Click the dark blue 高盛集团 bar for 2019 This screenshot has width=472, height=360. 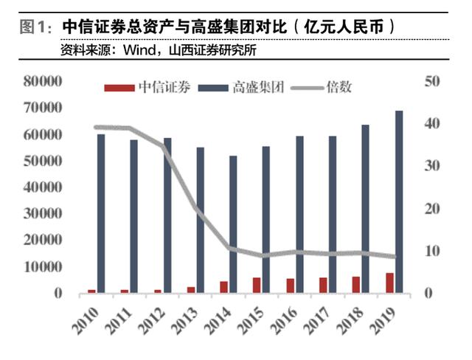399,202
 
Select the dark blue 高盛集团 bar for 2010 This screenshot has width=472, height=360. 101,213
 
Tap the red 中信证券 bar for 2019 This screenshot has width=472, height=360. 389,283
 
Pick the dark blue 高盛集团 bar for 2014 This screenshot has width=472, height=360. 234,224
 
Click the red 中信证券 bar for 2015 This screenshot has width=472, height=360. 257,285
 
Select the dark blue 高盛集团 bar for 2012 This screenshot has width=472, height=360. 167,215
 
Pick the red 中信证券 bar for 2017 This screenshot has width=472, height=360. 323,285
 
